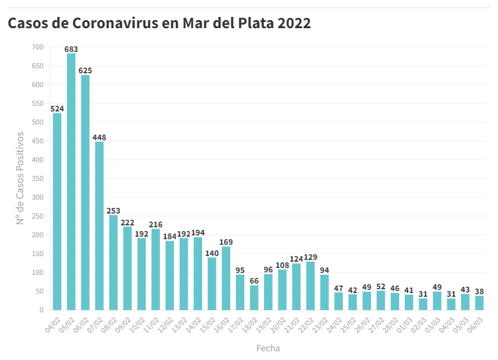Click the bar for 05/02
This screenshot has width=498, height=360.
pyautogui.click(x=71, y=182)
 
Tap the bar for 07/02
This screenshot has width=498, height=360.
pyautogui.click(x=99, y=226)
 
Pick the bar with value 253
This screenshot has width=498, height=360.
pyautogui.click(x=113, y=262)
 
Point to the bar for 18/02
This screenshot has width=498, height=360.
pyautogui.click(x=254, y=297)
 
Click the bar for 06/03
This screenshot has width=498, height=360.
pyautogui.click(x=479, y=303)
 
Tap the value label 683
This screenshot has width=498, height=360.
pyautogui.click(x=71, y=48)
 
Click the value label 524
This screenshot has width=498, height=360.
pyautogui.click(x=58, y=108)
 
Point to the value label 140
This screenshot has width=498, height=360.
pyautogui.click(x=212, y=253)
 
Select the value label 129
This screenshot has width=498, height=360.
pyautogui.click(x=310, y=257)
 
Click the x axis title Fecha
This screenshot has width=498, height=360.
pyautogui.click(x=268, y=348)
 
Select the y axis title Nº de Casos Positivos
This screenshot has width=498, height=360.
pyautogui.click(x=20, y=178)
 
